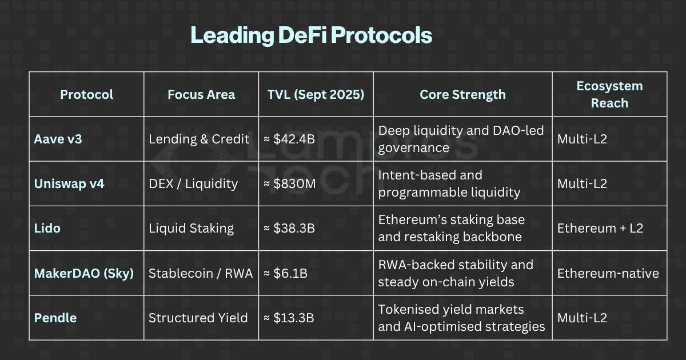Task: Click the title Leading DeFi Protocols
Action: coord(311,35)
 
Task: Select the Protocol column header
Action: coord(87,95)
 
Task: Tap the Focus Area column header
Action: coord(201,95)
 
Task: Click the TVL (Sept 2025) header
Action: coord(316,95)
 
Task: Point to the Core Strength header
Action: coord(462,95)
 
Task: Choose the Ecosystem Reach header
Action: coord(609,95)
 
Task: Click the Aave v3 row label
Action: coord(55,139)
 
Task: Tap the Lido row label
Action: coord(47,229)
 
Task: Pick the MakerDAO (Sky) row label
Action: coord(83,273)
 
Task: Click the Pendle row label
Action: coord(55,318)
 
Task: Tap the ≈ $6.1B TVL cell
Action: coord(286,273)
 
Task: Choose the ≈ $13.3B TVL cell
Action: coord(290,318)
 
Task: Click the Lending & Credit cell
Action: coord(199,139)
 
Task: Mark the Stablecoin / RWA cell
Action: coord(201,273)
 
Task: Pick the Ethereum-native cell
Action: coord(608,273)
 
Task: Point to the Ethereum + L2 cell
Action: coord(600,229)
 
